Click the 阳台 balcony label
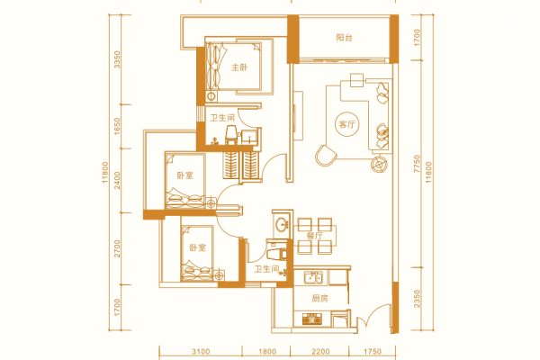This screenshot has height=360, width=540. point(344,37)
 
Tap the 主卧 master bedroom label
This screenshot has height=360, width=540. point(239,67)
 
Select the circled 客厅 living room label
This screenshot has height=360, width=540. point(346,124)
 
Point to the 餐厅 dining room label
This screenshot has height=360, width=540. point(315,236)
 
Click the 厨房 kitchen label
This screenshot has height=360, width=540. point(319,298)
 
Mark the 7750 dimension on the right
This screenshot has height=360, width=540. point(417,164)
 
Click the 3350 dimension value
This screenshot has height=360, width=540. point(117,59)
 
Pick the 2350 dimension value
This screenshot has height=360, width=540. point(417,299)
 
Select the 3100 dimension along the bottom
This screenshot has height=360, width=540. point(201,352)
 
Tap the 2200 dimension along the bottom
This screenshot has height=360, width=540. point(320,352)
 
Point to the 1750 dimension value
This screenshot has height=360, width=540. point(373,352)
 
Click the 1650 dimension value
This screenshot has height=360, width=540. point(117,126)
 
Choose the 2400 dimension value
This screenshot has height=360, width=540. point(117,181)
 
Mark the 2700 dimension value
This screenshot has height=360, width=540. point(117,248)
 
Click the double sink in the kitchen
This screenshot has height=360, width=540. point(313,277)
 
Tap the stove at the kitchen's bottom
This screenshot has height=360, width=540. point(311,319)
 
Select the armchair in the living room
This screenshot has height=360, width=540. point(326,156)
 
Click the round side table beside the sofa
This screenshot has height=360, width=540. point(380,165)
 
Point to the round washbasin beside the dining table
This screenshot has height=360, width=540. point(283,224)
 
